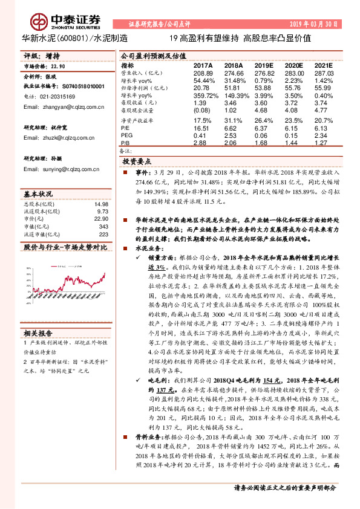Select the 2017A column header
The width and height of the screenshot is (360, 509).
pos(203,65)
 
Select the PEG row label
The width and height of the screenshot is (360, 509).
pos(126,135)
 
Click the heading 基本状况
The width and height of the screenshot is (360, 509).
pos(38,195)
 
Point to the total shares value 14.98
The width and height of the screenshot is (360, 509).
pos(100,204)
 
